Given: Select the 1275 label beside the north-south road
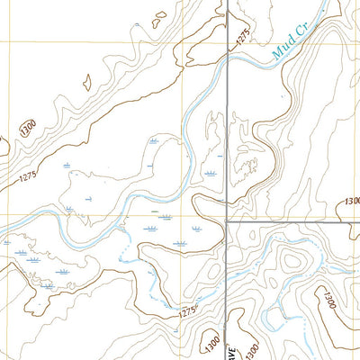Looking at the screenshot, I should pyautogui.click(x=240, y=37).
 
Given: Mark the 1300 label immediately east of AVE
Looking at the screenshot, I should pyautogui.click(x=253, y=347).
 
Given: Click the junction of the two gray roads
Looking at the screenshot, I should pyautogui.click(x=226, y=220).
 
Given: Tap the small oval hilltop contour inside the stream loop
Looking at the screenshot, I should pyautogui.click(x=292, y=262).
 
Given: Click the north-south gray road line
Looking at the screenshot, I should pyautogui.click(x=226, y=135).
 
